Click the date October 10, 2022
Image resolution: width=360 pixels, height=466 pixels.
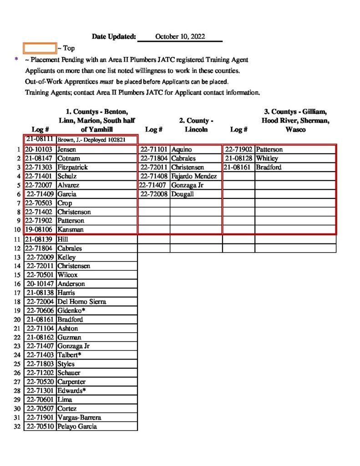[180, 36]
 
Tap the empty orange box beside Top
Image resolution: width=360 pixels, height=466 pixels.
[40, 48]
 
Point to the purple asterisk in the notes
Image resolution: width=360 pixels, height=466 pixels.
[16, 60]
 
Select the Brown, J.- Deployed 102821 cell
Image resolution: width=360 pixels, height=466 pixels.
[97, 140]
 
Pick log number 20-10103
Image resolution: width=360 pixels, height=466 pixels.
[40, 149]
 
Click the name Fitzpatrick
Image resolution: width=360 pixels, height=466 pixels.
[72, 167]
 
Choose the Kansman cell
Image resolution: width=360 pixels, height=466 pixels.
[71, 230]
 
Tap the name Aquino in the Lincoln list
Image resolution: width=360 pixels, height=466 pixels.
[182, 149]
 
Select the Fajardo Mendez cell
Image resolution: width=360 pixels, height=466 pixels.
[194, 176]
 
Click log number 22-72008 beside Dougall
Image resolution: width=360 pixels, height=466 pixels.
[154, 194]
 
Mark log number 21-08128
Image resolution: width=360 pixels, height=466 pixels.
[239, 158]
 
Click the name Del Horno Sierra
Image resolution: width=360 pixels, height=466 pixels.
[82, 301]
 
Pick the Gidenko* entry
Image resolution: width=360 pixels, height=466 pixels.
[71, 310]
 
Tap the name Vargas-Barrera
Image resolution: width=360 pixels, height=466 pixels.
[79, 417]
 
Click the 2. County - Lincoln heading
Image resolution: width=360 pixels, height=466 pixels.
[196, 125]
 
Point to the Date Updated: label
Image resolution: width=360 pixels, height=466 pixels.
[114, 36]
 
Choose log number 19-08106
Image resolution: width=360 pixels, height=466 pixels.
[40, 230]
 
